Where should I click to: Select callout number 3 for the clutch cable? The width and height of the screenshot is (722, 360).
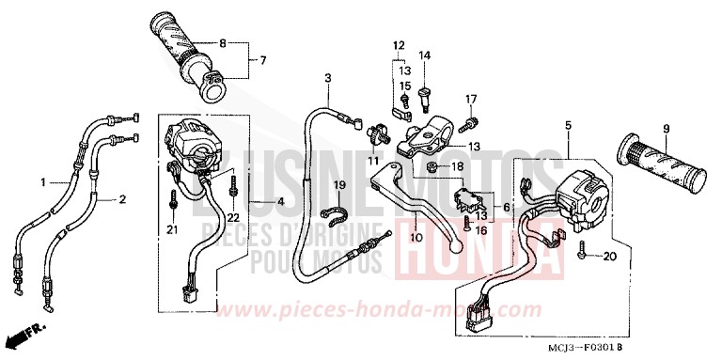click(329, 77)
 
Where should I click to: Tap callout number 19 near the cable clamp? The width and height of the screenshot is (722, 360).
click(339, 184)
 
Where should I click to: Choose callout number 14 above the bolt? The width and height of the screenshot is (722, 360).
click(425, 56)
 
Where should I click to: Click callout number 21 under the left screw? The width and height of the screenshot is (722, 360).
click(172, 230)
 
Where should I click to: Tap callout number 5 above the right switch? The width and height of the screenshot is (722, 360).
click(569, 125)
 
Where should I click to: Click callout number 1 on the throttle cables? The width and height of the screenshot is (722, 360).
click(42, 180)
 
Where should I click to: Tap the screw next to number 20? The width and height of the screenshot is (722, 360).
click(584, 254)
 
